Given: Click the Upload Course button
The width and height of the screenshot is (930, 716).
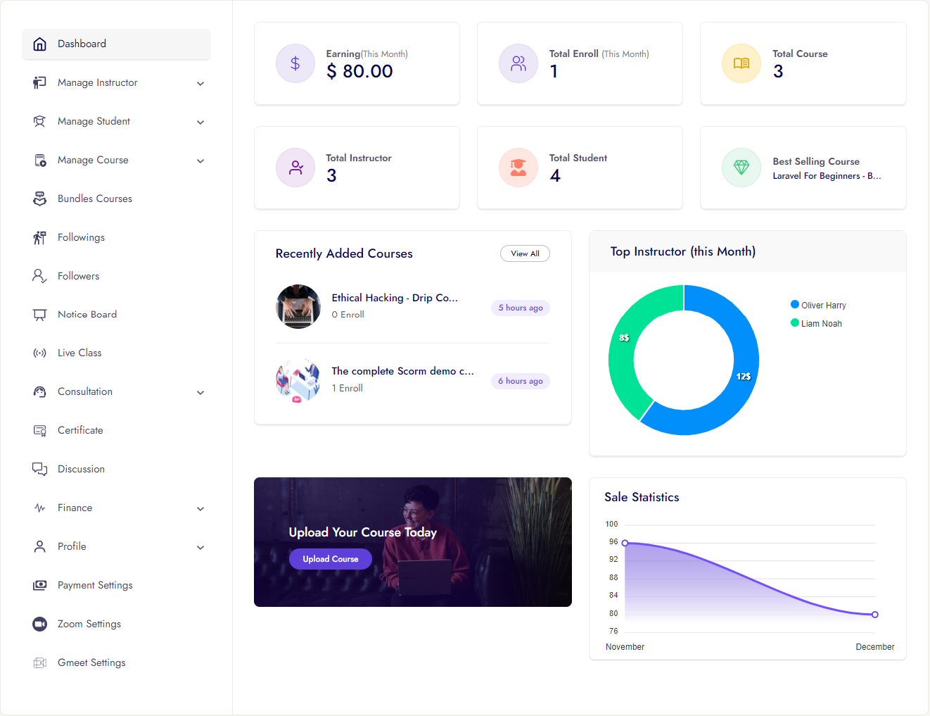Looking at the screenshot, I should [x=331, y=559].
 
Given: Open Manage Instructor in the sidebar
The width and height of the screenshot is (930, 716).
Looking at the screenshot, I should [x=98, y=82].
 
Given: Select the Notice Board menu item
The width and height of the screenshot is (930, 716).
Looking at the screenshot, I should [x=87, y=315].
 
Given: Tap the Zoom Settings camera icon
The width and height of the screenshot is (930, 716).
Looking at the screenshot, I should [x=40, y=624].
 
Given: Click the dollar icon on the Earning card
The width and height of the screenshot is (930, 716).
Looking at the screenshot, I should [x=295, y=63].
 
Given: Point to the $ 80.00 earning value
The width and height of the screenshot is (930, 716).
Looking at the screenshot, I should [x=360, y=71].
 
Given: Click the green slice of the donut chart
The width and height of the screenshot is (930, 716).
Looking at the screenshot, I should [x=622, y=352].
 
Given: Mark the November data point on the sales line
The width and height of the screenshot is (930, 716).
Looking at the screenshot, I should [x=625, y=543].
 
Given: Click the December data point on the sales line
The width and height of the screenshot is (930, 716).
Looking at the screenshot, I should [x=875, y=615].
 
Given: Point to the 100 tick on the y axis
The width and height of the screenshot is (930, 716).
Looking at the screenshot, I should [x=611, y=525].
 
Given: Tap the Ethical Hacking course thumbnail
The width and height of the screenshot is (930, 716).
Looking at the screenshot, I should [x=298, y=307].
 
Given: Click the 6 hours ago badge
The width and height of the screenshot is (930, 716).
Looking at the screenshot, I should [x=521, y=381].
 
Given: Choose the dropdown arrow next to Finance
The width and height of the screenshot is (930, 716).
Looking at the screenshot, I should [x=200, y=508].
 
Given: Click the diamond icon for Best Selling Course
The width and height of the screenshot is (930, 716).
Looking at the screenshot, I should [x=741, y=168].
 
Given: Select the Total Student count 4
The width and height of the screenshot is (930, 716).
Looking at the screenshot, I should [x=555, y=176].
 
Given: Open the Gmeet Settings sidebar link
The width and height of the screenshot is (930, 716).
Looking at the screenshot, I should [x=91, y=662].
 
